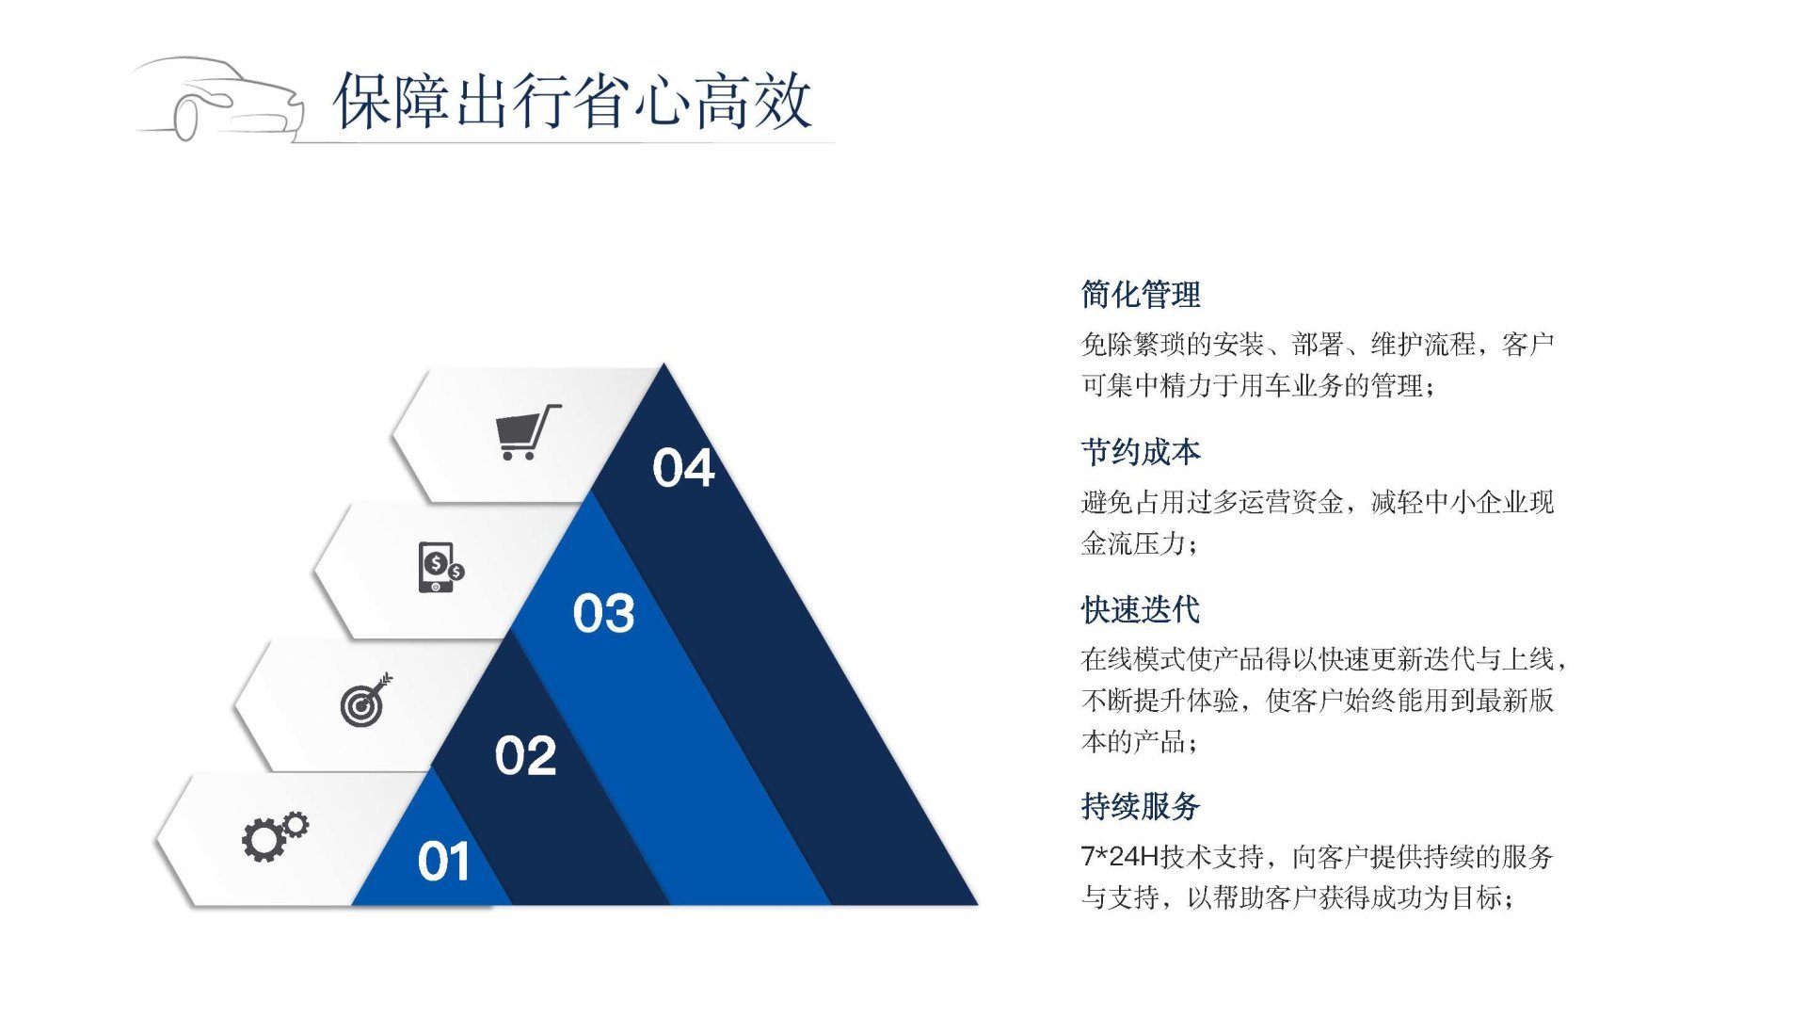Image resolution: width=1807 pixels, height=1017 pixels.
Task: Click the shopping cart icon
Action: coord(527,432)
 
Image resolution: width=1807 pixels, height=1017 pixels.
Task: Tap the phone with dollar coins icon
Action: coord(440,568)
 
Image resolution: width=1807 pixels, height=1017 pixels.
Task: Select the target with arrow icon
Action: coord(366,700)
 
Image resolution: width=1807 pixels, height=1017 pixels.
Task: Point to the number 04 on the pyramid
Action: coord(683,468)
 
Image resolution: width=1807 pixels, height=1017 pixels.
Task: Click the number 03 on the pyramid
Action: coord(603,613)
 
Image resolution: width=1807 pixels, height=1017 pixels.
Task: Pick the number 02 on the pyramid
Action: coord(525,756)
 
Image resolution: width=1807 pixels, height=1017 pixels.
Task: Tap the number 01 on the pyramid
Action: coord(443,862)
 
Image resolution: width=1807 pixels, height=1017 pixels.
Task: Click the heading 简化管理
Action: coord(1141,295)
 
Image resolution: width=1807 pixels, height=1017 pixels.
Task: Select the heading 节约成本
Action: coord(1141,452)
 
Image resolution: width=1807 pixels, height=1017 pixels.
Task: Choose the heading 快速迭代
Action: coord(1141,610)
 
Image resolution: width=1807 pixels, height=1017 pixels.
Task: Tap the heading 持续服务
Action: coord(1141,806)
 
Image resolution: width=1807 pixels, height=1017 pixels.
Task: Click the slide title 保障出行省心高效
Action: coord(572,101)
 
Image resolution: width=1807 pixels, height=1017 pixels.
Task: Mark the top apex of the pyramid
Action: coord(664,364)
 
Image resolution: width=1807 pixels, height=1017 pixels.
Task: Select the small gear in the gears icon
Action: coord(296,825)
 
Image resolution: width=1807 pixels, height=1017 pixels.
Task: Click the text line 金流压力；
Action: coord(1140,543)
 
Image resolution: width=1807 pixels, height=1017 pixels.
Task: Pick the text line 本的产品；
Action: coord(1140,742)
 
